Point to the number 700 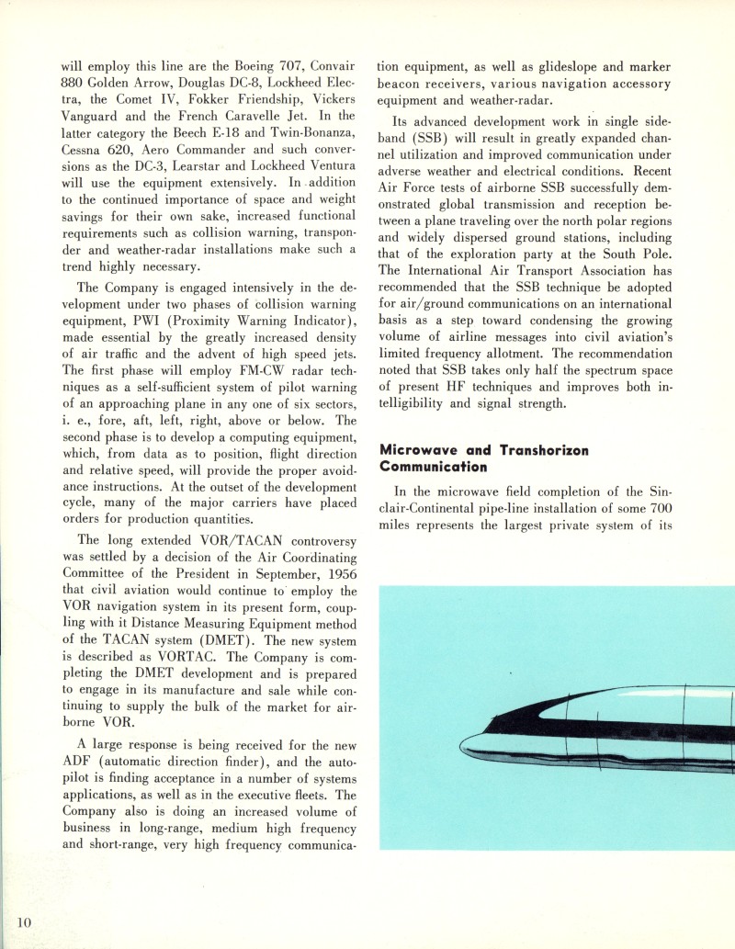(661, 508)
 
